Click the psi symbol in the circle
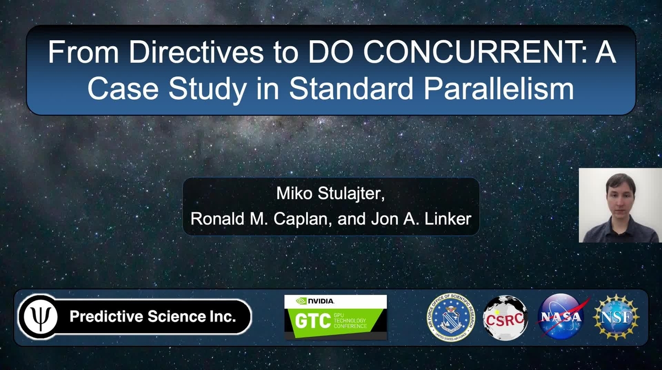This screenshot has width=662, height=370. [39, 317]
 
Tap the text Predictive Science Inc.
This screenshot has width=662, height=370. [153, 317]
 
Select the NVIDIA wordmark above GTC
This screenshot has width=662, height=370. [316, 301]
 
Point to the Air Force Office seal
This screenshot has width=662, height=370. [451, 317]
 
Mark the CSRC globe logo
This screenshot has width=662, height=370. [504, 317]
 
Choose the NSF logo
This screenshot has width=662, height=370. [616, 317]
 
